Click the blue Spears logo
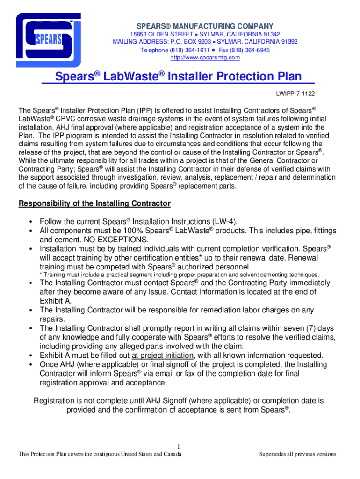pos(48,40)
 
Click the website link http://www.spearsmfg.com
pos(205,58)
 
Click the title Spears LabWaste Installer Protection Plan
pos(178,77)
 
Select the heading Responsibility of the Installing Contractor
pos(94,203)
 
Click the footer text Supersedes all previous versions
pos(297,454)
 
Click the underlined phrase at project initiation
pos(162,356)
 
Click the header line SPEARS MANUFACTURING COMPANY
pos(204,25)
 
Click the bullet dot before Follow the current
pos(31,222)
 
